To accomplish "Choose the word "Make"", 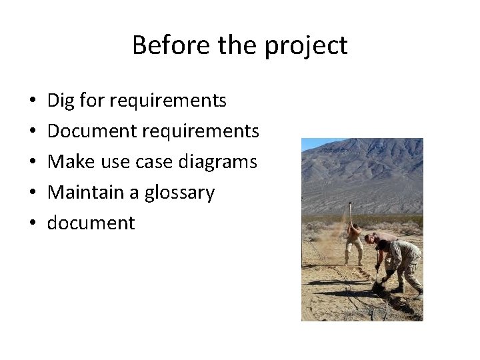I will pyautogui.click(x=68, y=162).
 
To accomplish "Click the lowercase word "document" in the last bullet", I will pyautogui.click(x=91, y=223).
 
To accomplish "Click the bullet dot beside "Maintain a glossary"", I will pyautogui.click(x=33, y=193).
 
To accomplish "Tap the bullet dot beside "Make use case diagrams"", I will pyautogui.click(x=33, y=163).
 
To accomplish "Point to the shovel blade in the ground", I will pyautogui.click(x=377, y=286).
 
